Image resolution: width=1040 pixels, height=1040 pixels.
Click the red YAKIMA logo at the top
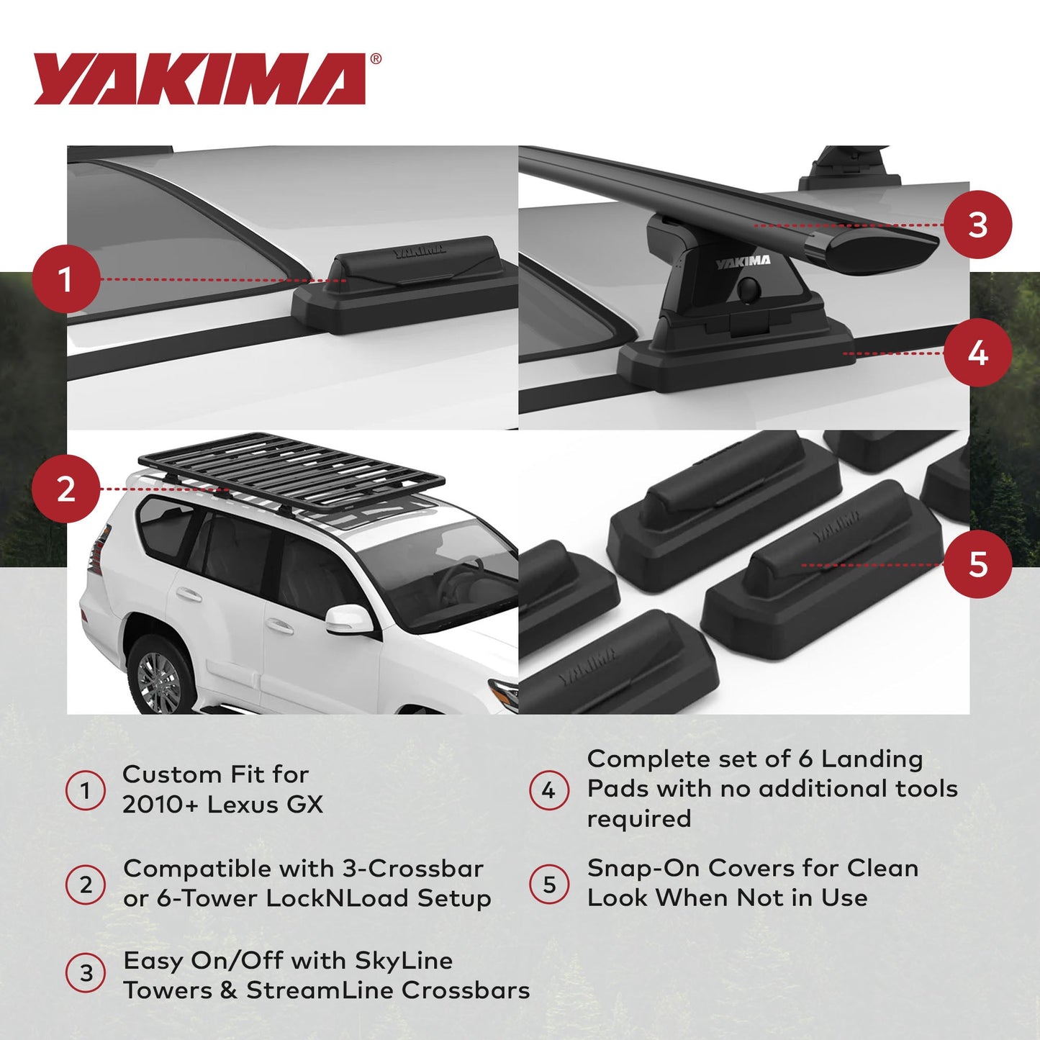200,78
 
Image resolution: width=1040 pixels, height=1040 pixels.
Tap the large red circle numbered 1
65,279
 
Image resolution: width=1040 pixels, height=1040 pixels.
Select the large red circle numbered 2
65,489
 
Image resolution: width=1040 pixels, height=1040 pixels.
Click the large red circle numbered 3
977,225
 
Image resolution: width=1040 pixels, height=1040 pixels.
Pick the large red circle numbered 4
977,353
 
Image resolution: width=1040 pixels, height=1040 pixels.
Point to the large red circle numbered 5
977,564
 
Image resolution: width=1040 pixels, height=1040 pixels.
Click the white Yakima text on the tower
743,262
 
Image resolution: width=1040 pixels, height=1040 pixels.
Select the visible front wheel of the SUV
160,678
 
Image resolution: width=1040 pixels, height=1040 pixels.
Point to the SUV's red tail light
97,551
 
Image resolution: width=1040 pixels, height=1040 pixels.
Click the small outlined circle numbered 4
549,790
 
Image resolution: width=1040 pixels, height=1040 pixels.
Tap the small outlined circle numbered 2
86,884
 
